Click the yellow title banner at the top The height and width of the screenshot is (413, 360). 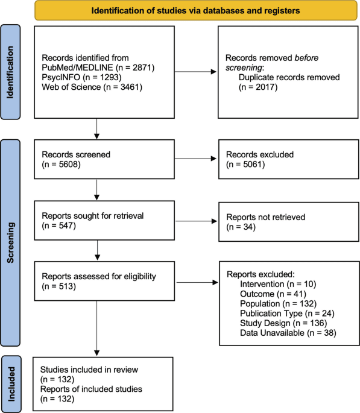196,10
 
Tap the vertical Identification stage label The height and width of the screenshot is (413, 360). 10,72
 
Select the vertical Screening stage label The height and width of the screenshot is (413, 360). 10,243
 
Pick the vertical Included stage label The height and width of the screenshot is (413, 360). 11,384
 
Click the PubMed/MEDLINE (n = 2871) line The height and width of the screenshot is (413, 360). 98,68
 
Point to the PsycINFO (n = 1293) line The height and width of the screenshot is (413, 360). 81,77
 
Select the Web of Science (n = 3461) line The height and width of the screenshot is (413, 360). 92,87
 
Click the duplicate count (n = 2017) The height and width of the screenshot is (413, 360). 258,87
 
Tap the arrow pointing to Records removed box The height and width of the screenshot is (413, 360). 195,72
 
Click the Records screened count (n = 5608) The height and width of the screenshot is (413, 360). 61,165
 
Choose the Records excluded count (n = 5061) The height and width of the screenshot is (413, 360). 245,165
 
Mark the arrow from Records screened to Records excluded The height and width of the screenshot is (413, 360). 195,159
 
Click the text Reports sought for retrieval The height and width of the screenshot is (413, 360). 93,216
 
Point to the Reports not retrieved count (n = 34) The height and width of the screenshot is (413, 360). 241,227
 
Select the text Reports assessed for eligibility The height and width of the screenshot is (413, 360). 99,276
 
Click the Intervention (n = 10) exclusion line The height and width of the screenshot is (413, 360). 278,284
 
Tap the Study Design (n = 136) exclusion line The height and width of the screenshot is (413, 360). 283,323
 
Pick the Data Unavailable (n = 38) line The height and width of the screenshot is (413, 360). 288,333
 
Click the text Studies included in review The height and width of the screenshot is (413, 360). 89,370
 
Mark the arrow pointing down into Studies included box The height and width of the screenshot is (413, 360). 96,328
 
